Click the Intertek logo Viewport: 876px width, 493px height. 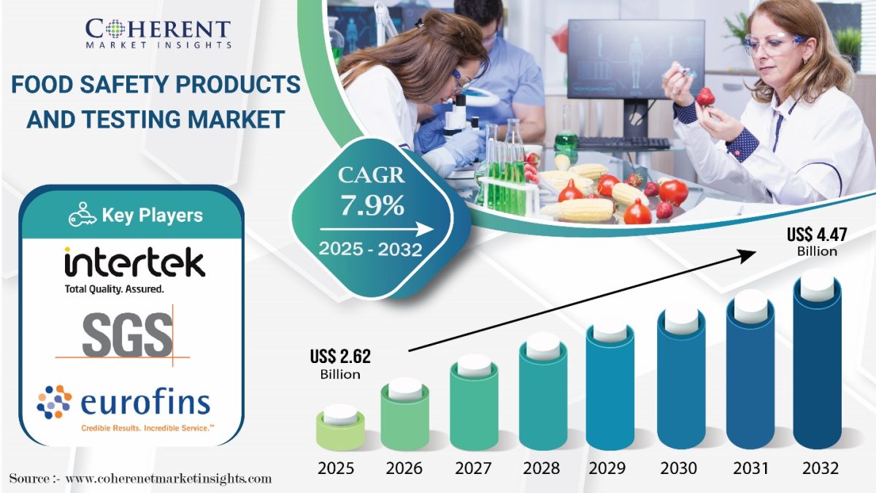[x=134, y=270]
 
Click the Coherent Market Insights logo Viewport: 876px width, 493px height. [x=158, y=34]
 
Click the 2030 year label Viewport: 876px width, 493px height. [x=678, y=468]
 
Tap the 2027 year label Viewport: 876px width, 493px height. [x=473, y=468]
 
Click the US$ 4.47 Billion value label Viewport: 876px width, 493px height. [x=817, y=242]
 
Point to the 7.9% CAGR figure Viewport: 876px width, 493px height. [x=372, y=205]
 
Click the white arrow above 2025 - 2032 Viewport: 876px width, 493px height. [x=377, y=229]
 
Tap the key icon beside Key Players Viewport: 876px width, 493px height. [x=82, y=215]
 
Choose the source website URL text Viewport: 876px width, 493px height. [x=168, y=478]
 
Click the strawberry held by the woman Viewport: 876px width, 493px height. [x=705, y=96]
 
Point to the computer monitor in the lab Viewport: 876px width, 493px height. [x=636, y=58]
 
